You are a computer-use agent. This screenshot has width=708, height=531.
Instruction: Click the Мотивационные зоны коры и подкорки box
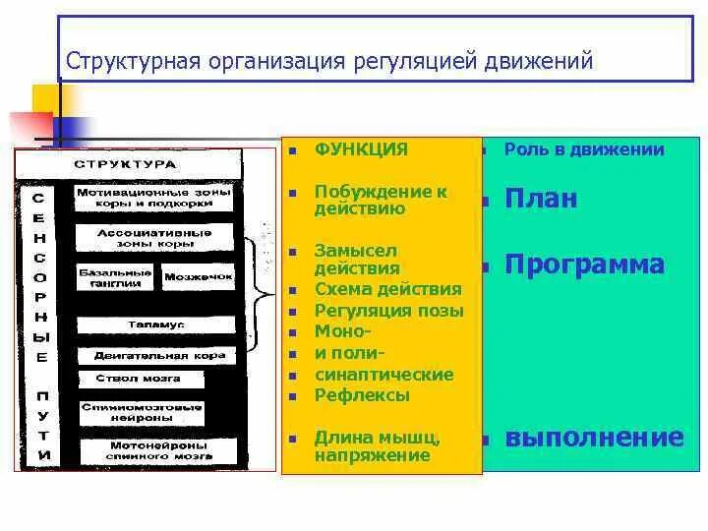pyautogui.click(x=153, y=199)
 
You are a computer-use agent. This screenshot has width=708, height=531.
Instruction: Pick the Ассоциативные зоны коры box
pyautogui.click(x=153, y=238)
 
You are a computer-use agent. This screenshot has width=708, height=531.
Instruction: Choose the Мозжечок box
pyautogui.click(x=198, y=277)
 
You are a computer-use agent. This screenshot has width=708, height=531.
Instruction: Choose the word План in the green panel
pyautogui.click(x=541, y=200)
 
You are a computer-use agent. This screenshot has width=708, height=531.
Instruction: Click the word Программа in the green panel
pyautogui.click(x=584, y=265)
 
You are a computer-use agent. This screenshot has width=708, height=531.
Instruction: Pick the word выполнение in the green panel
pyautogui.click(x=594, y=438)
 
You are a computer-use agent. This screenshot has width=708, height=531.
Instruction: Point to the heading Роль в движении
pyautogui.click(x=584, y=149)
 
